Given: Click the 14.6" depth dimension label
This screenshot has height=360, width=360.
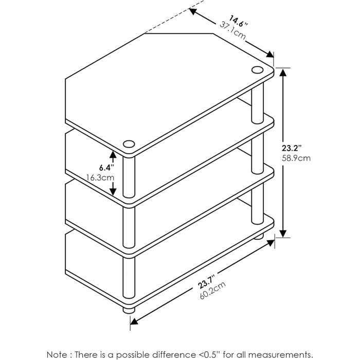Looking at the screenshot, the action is [239, 21].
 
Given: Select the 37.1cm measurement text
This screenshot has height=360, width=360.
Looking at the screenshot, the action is [232, 30].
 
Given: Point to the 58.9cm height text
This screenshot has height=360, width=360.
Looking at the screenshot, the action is [296, 158].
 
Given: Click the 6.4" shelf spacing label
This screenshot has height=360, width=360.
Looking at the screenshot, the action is [106, 168].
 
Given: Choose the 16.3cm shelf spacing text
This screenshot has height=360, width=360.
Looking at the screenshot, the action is [100, 177].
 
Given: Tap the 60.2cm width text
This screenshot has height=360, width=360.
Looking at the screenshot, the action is [213, 290].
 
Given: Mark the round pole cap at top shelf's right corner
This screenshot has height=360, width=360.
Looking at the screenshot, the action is [257, 70].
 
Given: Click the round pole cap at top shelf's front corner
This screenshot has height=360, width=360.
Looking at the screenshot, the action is [129, 144].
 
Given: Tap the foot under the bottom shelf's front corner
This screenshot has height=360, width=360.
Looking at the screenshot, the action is [129, 310].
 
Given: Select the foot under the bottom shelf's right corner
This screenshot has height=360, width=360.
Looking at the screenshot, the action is [258, 237].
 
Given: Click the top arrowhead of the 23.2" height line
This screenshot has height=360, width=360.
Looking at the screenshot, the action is [283, 73].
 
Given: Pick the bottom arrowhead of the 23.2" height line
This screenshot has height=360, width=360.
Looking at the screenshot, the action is [283, 233].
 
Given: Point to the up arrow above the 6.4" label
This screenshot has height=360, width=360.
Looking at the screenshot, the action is [113, 154].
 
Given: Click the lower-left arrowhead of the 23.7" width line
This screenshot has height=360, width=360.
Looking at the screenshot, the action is [134, 321].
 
